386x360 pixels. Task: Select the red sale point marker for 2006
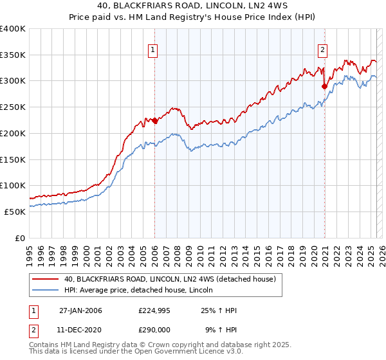[154, 120]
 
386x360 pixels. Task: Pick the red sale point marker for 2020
[324, 86]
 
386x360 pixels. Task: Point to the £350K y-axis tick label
[13, 55]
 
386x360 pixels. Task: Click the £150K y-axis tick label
[13, 159]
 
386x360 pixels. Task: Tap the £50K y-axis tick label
[15, 211]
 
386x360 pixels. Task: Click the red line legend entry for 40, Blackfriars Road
[170, 279]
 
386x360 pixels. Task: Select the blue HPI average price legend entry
[143, 290]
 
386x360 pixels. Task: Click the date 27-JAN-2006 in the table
[80, 310]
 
